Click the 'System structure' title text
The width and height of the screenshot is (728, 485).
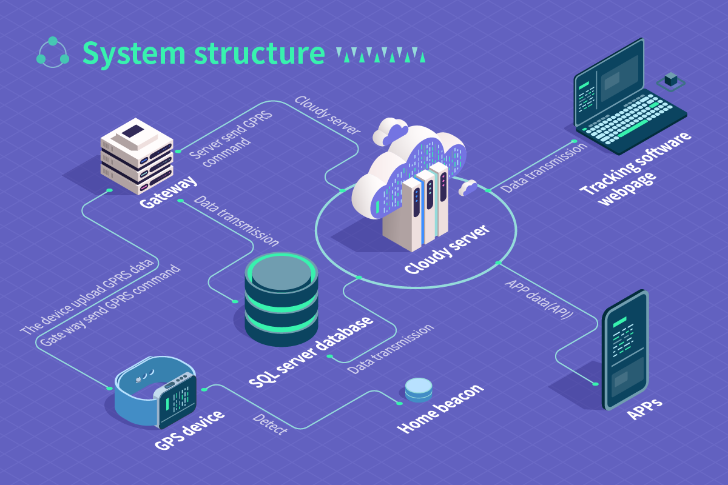[203, 53]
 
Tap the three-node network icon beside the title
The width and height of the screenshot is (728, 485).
[53, 52]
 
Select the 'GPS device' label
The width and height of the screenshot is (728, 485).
[189, 430]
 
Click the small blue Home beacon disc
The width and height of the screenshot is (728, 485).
[419, 390]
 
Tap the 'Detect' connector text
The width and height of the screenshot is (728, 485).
[269, 424]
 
